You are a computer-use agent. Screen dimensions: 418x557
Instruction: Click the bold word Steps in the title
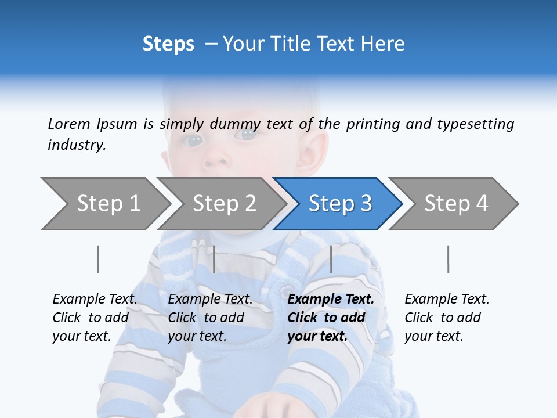click(x=168, y=44)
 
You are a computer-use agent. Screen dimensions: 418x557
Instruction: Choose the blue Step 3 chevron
click(x=339, y=204)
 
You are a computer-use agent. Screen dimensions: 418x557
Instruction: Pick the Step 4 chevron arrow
click(x=455, y=204)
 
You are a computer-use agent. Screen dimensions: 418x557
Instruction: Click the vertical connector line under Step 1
click(x=97, y=259)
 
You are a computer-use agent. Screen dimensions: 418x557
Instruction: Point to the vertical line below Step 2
click(x=214, y=259)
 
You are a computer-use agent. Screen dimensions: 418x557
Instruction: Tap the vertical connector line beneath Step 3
click(x=331, y=259)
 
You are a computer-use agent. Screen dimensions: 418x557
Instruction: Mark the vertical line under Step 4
click(x=448, y=259)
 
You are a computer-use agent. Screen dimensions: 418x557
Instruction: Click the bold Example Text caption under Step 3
click(x=331, y=318)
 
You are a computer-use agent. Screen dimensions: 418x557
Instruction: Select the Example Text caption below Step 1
click(x=95, y=318)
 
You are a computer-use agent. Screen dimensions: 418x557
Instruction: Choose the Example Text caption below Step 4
click(x=447, y=318)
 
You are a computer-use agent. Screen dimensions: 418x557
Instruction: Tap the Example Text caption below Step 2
click(x=210, y=318)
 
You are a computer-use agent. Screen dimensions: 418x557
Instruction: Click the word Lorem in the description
click(x=68, y=124)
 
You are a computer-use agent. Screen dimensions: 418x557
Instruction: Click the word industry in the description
click(x=76, y=145)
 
